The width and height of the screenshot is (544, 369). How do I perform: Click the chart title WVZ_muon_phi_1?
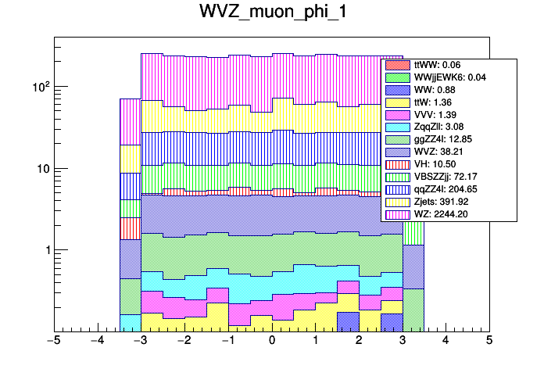(x=271, y=13)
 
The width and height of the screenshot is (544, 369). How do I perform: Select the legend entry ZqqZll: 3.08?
(x=438, y=127)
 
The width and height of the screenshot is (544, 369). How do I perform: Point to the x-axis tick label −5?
(x=54, y=342)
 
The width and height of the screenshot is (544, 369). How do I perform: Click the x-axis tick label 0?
(x=272, y=342)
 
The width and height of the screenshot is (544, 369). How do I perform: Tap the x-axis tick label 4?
(x=446, y=342)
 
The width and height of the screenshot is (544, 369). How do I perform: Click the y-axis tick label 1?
(x=45, y=250)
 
